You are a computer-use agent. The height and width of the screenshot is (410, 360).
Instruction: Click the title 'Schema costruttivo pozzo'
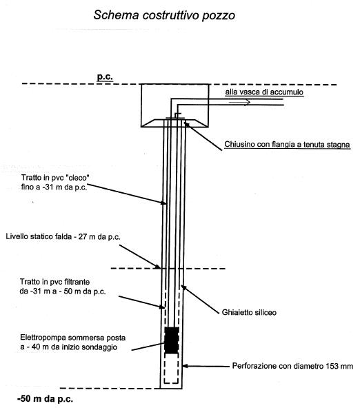coord(164,15)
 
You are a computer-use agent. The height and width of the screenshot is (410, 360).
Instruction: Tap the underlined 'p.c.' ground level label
coord(105,76)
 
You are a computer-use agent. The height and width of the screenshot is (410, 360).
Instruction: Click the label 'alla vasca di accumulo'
coord(264,92)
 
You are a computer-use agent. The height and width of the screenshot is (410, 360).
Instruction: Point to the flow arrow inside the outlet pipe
coord(239,102)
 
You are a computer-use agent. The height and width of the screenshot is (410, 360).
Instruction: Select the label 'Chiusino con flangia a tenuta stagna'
coord(287,144)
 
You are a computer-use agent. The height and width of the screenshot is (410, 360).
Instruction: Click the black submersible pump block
coord(172,340)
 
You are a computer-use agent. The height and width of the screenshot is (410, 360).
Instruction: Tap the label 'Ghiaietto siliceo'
coord(249,312)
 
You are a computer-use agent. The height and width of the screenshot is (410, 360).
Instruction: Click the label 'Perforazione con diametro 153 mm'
coord(293,366)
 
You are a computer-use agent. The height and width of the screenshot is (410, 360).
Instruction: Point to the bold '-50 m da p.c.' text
coord(46,399)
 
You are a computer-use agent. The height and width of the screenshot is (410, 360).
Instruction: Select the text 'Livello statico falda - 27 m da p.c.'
coord(63,236)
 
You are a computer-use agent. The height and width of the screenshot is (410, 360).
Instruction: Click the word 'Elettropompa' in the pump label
coord(43,338)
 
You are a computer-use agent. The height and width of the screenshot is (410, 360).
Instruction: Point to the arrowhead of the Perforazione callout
coord(185,366)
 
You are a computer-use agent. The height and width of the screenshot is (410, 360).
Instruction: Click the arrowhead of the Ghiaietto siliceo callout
coord(183,287)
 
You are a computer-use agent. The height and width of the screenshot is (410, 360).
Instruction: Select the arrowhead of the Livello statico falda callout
coord(158,267)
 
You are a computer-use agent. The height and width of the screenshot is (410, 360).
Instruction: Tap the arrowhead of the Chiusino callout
coord(186,123)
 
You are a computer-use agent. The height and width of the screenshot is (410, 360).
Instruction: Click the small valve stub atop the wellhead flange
coord(177,115)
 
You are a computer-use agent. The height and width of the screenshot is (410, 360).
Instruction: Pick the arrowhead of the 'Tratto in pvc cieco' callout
coord(163,203)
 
